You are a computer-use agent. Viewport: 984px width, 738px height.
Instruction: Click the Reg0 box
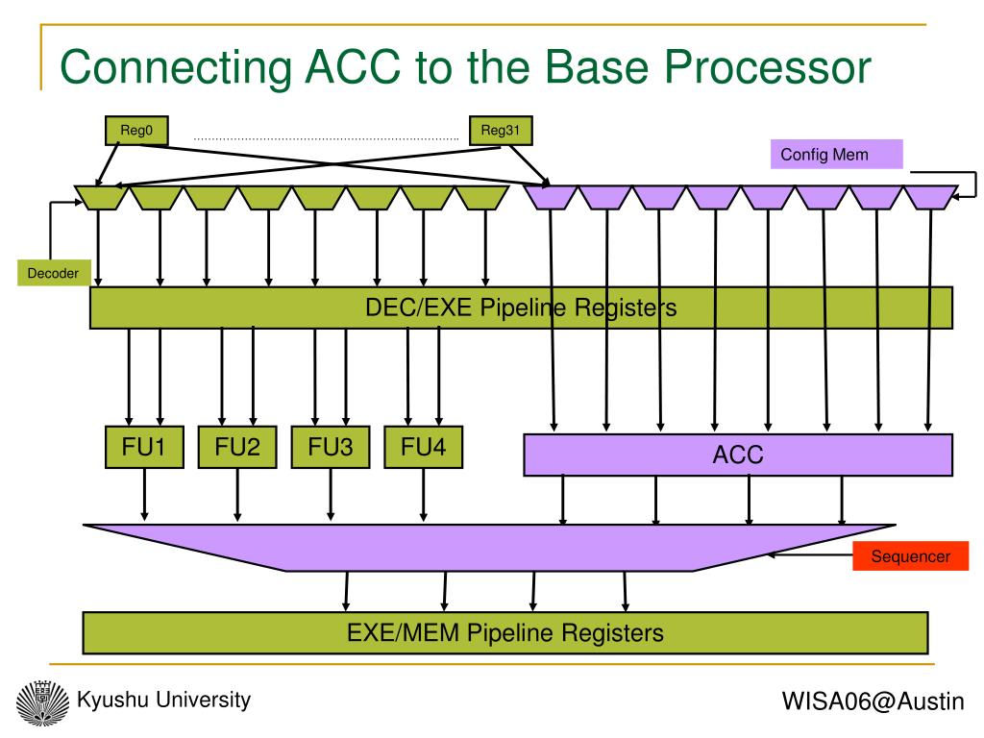[x=136, y=131]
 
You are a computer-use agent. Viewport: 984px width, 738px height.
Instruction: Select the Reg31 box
[x=501, y=131]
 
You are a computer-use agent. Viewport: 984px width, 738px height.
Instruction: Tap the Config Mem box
[x=837, y=155]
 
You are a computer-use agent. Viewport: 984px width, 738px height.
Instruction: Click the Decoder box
[x=54, y=273]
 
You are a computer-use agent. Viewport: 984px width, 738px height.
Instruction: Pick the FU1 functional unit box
[x=144, y=447]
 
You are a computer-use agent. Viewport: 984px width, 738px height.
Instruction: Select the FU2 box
[x=237, y=447]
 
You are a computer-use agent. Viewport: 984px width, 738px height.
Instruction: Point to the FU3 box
[x=331, y=447]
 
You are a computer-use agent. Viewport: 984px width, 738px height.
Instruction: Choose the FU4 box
[x=424, y=447]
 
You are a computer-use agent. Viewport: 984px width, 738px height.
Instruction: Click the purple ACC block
[x=738, y=455]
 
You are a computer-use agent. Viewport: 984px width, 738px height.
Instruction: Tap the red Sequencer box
[x=911, y=556]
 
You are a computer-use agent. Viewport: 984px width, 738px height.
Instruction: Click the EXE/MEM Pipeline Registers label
[x=505, y=632]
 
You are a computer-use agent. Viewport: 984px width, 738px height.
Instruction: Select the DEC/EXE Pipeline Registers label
[x=521, y=307]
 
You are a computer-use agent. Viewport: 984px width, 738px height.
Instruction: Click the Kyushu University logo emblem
[x=42, y=702]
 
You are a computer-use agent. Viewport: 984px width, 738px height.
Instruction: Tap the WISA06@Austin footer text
[x=873, y=701]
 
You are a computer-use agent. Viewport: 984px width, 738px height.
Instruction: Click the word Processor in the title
[x=768, y=66]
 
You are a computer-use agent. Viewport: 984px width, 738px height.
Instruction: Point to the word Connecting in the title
[x=177, y=68]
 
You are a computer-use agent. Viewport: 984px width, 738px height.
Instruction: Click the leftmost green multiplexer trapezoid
[x=101, y=198]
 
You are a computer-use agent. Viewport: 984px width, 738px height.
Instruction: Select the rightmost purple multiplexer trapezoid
[x=930, y=198]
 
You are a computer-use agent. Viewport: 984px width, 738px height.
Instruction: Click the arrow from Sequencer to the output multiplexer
[x=810, y=554]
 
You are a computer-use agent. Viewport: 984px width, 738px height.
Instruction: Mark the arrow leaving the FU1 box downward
[x=144, y=495]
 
